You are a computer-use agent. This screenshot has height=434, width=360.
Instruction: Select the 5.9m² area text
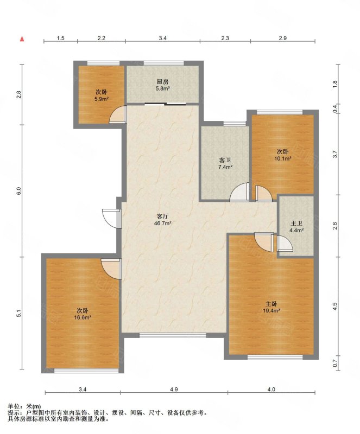click(x=102, y=99)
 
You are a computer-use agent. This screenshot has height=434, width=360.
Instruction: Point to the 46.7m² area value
click(x=163, y=223)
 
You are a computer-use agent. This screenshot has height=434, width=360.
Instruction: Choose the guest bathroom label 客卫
click(x=225, y=160)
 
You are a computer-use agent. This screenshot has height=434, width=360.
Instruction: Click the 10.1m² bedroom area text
click(x=283, y=158)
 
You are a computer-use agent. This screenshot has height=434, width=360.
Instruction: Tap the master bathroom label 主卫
click(x=296, y=224)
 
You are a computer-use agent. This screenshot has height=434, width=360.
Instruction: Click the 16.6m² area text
click(x=83, y=318)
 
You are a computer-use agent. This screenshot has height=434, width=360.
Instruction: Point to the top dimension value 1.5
click(x=61, y=38)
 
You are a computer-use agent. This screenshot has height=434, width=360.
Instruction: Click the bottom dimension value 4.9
click(x=174, y=390)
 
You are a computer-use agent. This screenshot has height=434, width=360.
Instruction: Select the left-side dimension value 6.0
click(x=18, y=191)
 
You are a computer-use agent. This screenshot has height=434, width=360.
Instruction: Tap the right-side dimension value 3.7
click(x=335, y=154)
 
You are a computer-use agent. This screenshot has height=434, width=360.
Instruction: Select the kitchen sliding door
click(x=165, y=104)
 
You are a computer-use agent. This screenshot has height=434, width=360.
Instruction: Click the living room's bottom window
click(x=173, y=335)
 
